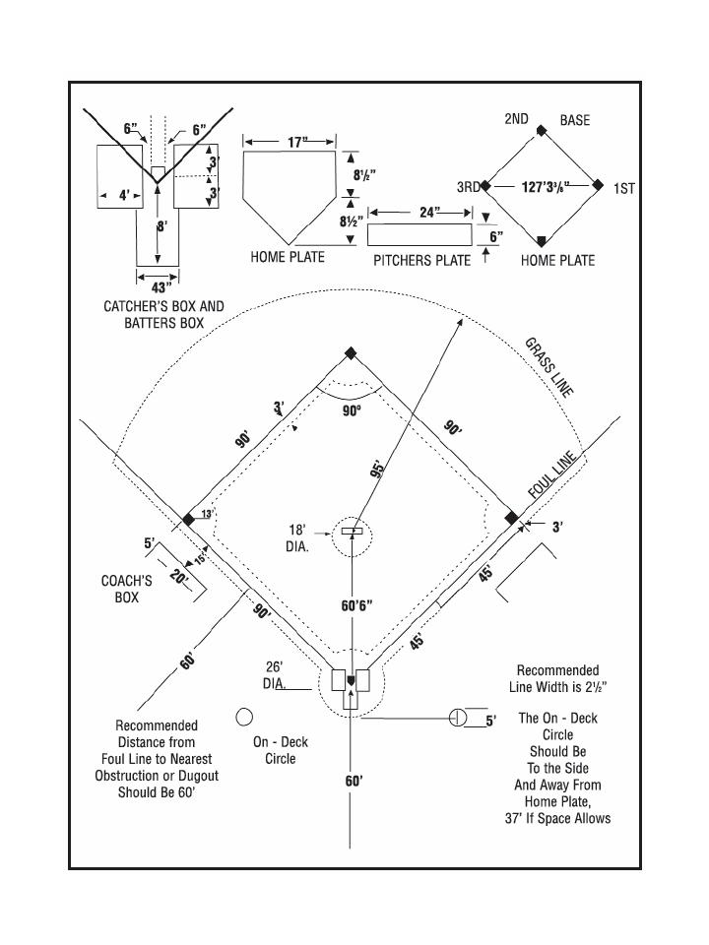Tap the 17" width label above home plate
[297, 143]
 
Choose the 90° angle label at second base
[352, 410]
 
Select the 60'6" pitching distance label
[356, 605]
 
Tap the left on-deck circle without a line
[245, 716]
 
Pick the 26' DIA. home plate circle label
[275, 674]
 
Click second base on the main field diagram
[351, 353]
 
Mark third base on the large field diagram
[188, 519]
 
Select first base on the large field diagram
[511, 518]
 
